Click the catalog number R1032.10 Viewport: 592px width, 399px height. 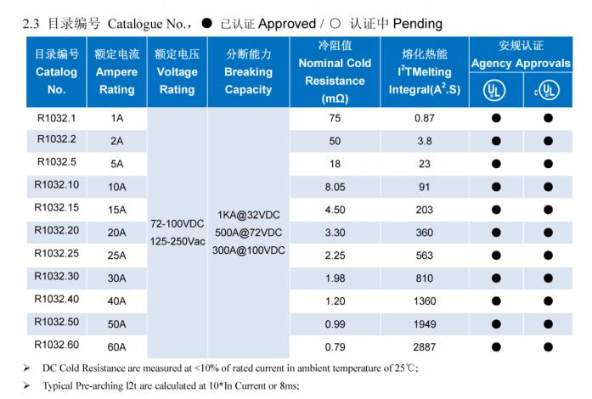(56, 184)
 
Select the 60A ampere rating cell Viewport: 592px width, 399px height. (116, 346)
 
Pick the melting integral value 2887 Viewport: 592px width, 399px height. (424, 346)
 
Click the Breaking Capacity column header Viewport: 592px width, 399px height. (248, 72)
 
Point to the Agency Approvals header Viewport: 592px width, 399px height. (521, 64)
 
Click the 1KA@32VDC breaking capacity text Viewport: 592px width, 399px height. (248, 215)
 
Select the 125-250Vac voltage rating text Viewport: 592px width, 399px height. (178, 241)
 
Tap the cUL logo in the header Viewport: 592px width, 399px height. (548, 89)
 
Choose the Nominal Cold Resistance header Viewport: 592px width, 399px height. (335, 72)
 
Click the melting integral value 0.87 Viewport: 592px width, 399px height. (424, 118)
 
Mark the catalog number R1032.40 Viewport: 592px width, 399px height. (56, 299)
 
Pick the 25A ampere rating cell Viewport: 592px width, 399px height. (116, 255)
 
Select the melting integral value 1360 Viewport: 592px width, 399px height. (424, 301)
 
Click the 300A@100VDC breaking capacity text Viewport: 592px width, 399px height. (248, 250)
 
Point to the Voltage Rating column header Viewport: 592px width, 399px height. (178, 72)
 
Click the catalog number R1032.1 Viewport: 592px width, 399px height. (56, 116)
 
